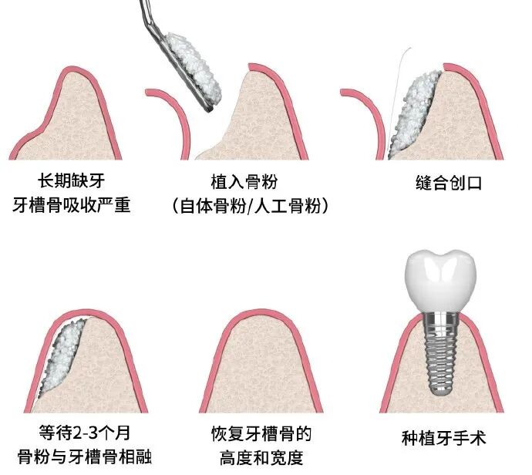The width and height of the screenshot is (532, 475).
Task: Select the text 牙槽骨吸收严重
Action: (70, 207)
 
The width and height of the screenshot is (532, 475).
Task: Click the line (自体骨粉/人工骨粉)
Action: (244, 207)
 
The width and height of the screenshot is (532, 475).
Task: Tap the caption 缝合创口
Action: (443, 184)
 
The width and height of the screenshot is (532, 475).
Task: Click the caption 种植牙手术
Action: (444, 438)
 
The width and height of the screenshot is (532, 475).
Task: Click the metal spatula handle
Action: (146, 15)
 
